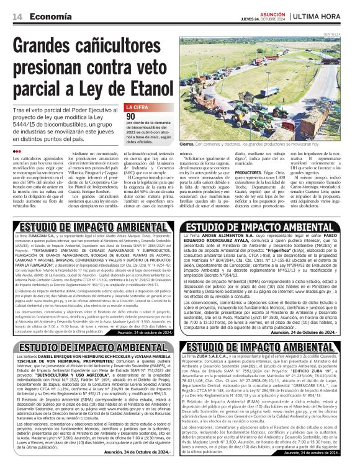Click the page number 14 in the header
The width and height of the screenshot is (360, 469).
(16, 16)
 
